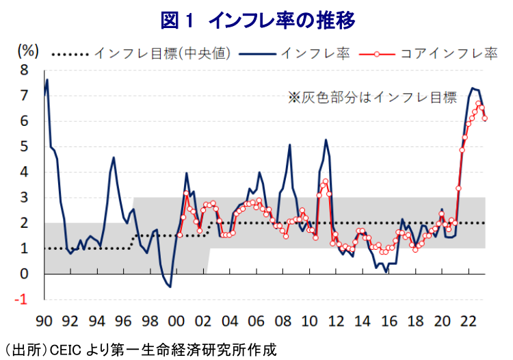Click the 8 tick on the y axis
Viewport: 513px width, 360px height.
pos(25,70)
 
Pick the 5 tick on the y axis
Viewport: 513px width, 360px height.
pos(25,146)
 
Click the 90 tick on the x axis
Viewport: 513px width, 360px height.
pos(45,320)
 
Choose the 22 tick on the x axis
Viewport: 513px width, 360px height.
pos(469,320)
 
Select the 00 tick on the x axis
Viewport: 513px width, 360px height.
pos(178,320)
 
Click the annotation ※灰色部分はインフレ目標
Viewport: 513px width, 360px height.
pos(371,98)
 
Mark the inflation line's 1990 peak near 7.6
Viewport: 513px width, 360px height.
pos(47,80)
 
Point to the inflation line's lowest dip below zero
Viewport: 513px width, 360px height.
pos(170,287)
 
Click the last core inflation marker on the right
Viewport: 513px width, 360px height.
pos(485,118)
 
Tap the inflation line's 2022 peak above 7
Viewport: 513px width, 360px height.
pos(472,88)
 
